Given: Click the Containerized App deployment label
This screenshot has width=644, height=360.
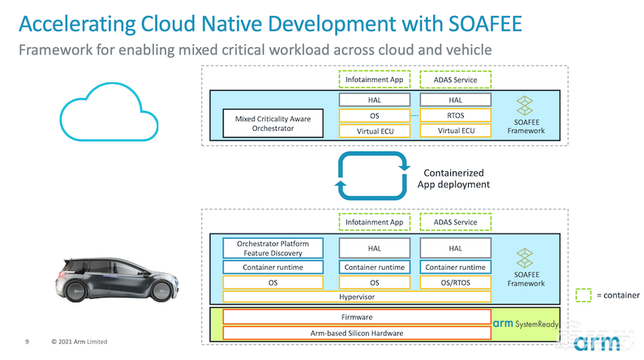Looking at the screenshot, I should [x=453, y=179].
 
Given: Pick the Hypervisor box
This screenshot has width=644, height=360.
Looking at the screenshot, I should [x=356, y=296].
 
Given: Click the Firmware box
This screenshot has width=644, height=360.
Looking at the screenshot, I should [x=356, y=317].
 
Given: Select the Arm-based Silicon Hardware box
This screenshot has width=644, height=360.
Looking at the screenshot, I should [x=356, y=333].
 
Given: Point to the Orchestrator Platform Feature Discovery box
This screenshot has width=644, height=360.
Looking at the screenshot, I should [x=273, y=248].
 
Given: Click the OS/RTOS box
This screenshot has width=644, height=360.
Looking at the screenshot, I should [x=455, y=282].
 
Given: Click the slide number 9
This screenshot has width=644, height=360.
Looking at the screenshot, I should [x=27, y=342].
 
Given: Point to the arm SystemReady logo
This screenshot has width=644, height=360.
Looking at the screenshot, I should [x=524, y=324].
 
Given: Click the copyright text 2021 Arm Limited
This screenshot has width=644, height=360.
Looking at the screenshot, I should [x=79, y=342].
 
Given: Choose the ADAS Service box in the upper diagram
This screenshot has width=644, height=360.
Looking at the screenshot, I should [x=455, y=79].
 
